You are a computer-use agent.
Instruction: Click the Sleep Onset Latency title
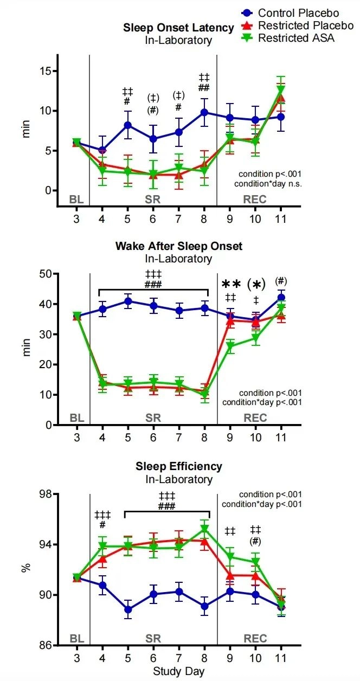pos(178,28)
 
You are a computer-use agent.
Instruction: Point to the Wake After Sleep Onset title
pos(178,246)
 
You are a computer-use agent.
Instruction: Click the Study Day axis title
pos(178,672)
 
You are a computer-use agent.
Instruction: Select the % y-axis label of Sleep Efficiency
pos(25,569)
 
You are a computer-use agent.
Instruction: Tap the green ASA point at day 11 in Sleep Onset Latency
pos(281,89)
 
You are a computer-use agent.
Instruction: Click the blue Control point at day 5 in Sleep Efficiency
pos(127,609)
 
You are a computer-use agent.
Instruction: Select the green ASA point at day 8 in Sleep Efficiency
pos(204,529)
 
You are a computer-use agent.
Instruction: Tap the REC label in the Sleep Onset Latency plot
pos(255,199)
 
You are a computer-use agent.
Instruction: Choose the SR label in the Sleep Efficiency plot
pos(153,638)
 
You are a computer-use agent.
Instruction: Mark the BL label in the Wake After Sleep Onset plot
pos(76,418)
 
